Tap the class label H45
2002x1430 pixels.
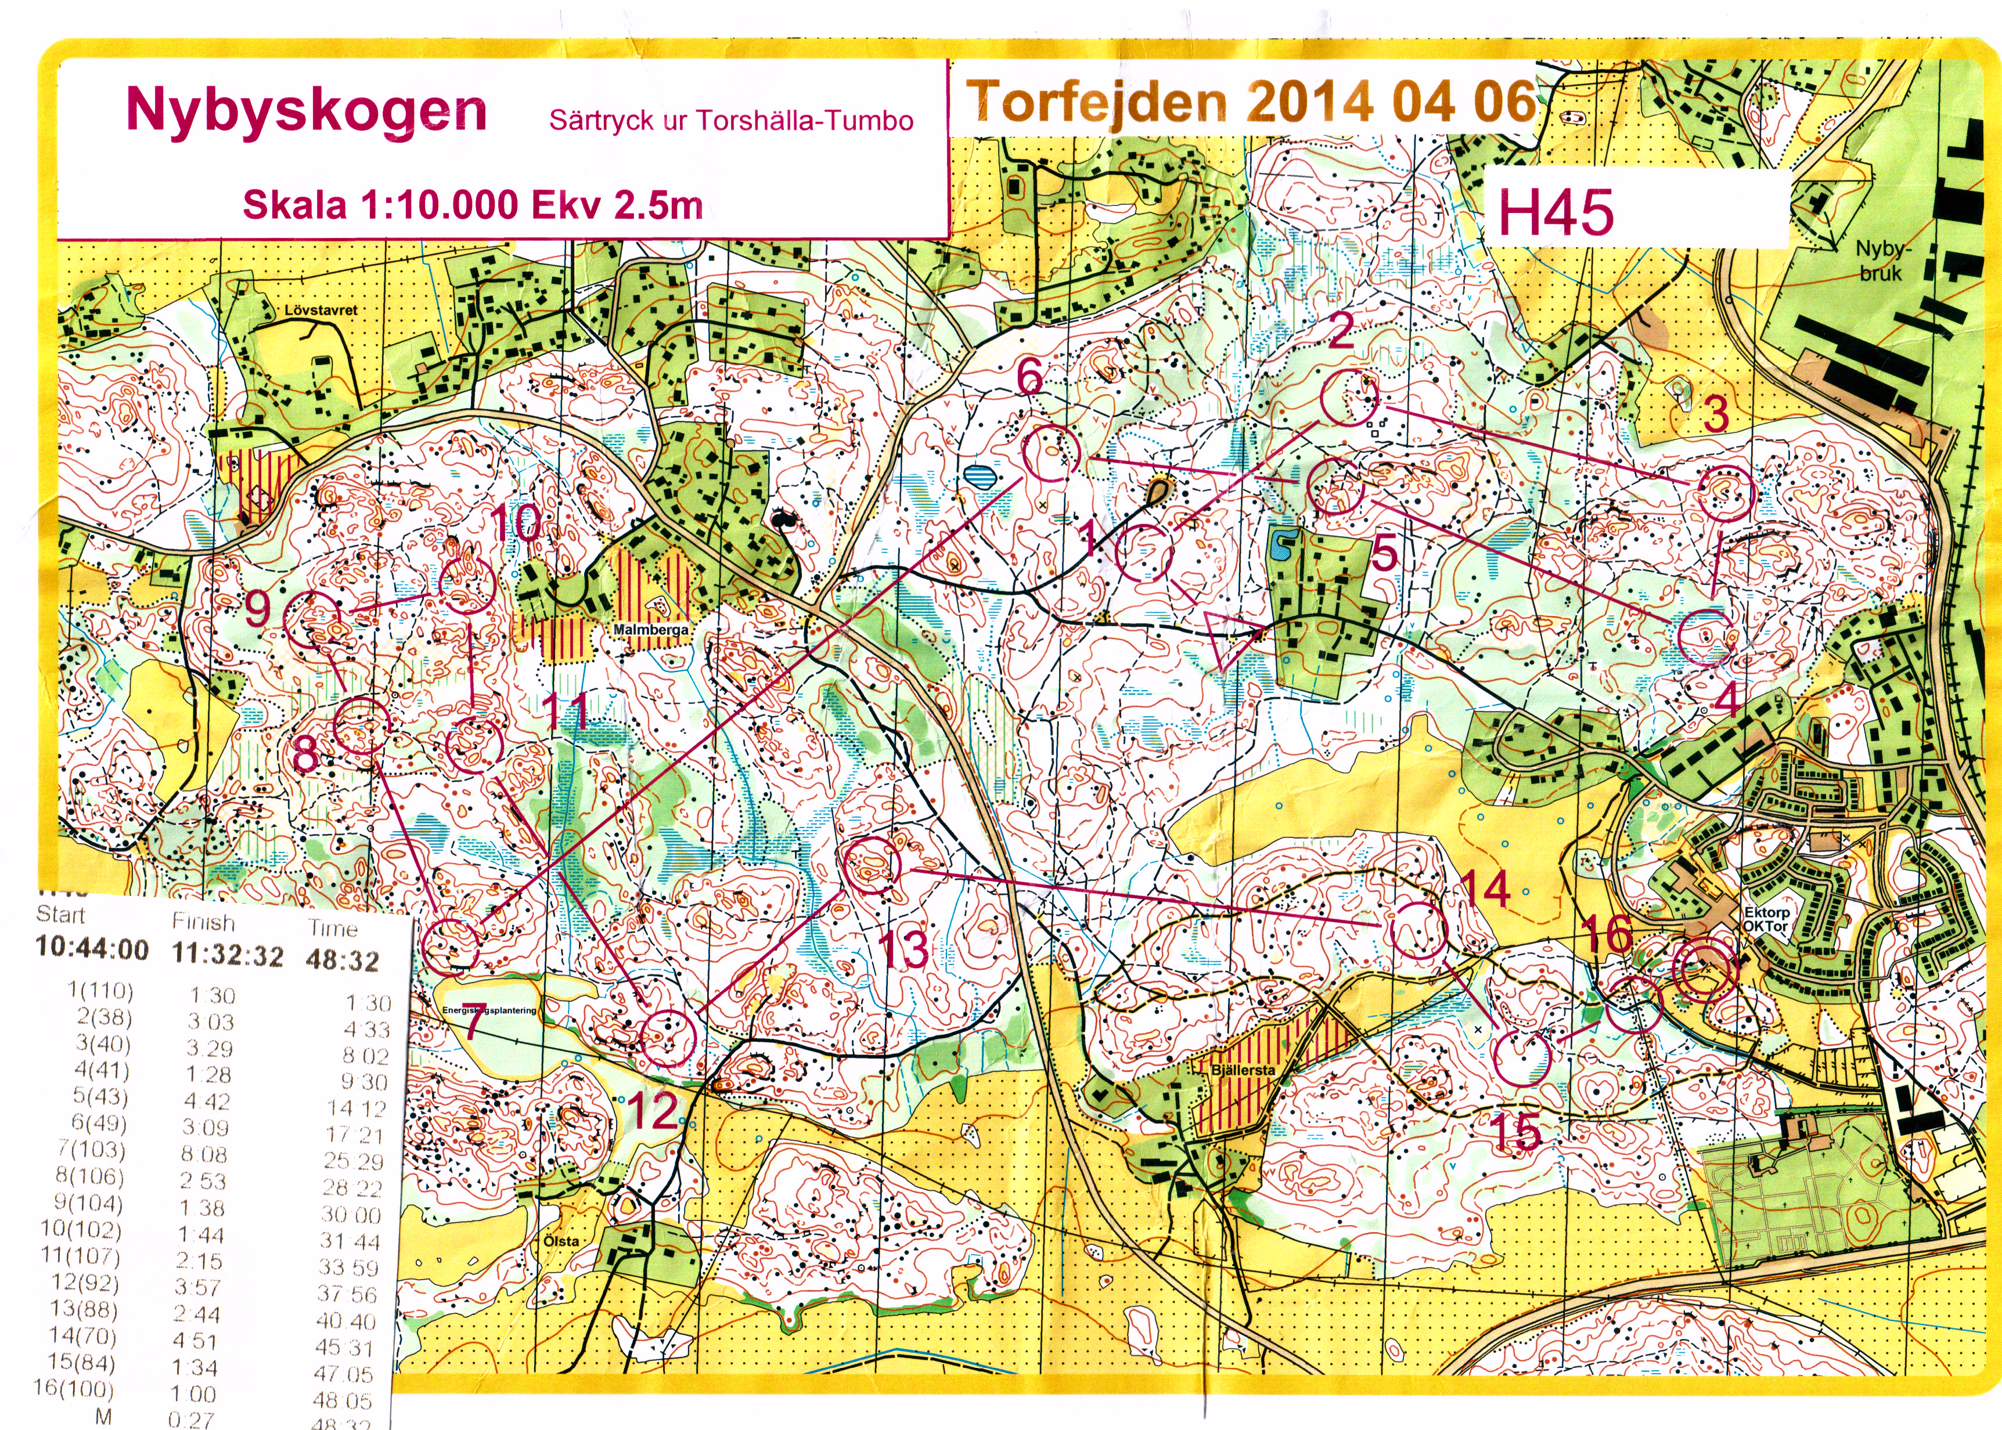[x=1555, y=213]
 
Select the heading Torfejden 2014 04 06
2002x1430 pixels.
[x=1251, y=102]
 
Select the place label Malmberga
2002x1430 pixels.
[x=651, y=630]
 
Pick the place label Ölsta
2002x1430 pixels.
[x=561, y=1241]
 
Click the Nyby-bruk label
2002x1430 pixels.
[x=1879, y=261]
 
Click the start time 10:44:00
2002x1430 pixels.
[x=92, y=948]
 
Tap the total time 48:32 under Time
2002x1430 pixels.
[x=342, y=960]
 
